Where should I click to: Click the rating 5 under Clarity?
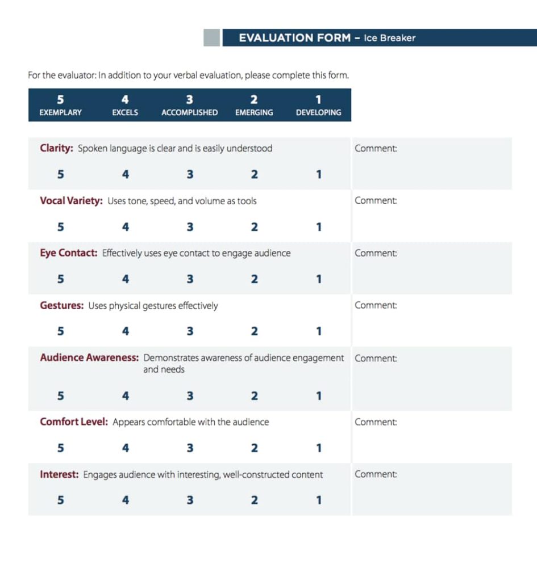pos(60,174)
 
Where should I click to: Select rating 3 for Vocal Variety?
pos(190,227)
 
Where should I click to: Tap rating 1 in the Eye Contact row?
pos(318,279)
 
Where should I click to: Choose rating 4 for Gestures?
pos(125,331)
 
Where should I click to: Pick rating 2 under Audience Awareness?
pos(254,396)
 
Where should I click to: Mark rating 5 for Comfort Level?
pos(60,448)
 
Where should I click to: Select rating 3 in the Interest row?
pos(190,500)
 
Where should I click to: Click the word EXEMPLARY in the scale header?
pos(60,112)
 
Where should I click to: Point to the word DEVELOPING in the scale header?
pos(318,112)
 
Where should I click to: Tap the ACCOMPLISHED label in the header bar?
pos(189,112)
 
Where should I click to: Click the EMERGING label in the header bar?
pos(254,112)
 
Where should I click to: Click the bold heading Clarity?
pos(56,149)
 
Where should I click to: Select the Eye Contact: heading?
pos(68,253)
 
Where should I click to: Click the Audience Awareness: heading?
pos(89,358)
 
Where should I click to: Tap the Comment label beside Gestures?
pos(376,305)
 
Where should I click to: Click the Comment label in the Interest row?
pos(376,474)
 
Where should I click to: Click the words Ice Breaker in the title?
pos(389,38)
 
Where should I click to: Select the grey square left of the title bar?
pos(211,37)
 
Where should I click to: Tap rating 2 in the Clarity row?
pos(254,174)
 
